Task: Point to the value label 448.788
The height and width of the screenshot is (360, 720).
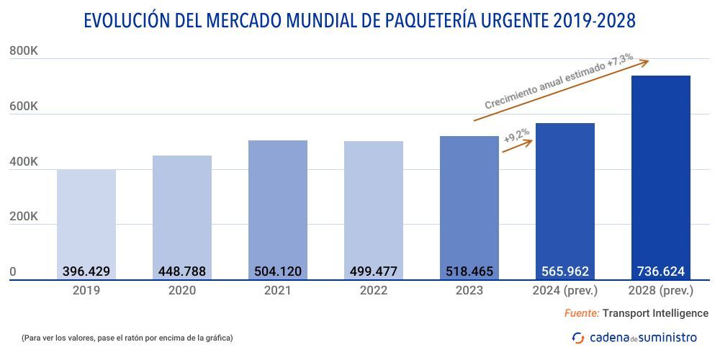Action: [x=181, y=271]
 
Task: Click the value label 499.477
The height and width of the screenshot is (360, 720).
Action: [x=373, y=271]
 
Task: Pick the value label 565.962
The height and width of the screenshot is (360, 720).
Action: [x=564, y=271]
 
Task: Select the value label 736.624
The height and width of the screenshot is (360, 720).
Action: [x=660, y=271]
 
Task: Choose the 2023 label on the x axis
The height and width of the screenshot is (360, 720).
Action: [x=469, y=291]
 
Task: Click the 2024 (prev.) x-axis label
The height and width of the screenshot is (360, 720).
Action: [x=564, y=291]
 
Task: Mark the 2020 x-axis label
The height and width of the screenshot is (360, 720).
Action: [x=181, y=291]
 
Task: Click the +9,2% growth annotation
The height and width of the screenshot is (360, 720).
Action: [x=516, y=135]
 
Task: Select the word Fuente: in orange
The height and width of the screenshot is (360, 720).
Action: [x=581, y=313]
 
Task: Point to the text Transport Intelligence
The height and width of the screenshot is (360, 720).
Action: [x=655, y=313]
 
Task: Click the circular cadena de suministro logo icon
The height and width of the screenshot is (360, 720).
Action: [x=578, y=337]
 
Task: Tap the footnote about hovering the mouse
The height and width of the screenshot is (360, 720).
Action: [x=127, y=338]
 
